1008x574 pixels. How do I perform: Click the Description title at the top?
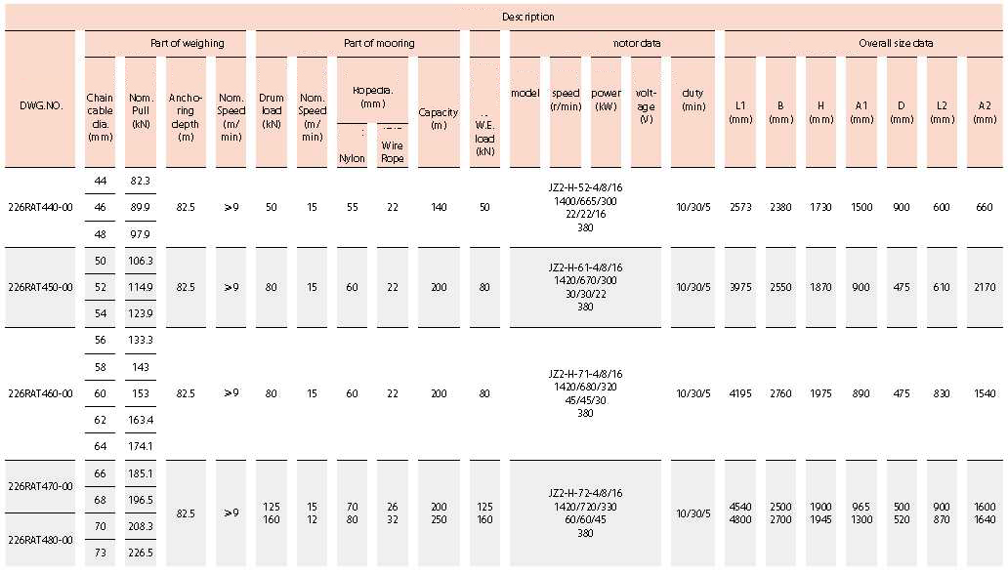click(x=527, y=17)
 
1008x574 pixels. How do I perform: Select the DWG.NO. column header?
click(x=41, y=104)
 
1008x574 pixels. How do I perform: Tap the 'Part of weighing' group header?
click(x=187, y=44)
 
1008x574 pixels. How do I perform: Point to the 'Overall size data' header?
click(x=896, y=44)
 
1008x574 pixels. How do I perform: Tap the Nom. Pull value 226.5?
click(x=140, y=553)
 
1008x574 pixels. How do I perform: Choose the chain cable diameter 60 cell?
click(x=100, y=393)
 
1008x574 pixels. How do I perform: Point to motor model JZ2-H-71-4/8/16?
click(x=585, y=374)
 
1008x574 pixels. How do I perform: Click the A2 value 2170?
click(x=985, y=287)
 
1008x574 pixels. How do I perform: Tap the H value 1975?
click(x=821, y=393)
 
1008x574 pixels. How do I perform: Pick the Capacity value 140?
click(x=439, y=207)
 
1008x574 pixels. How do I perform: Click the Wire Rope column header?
click(x=393, y=151)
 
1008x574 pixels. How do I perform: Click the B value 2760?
click(x=780, y=393)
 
